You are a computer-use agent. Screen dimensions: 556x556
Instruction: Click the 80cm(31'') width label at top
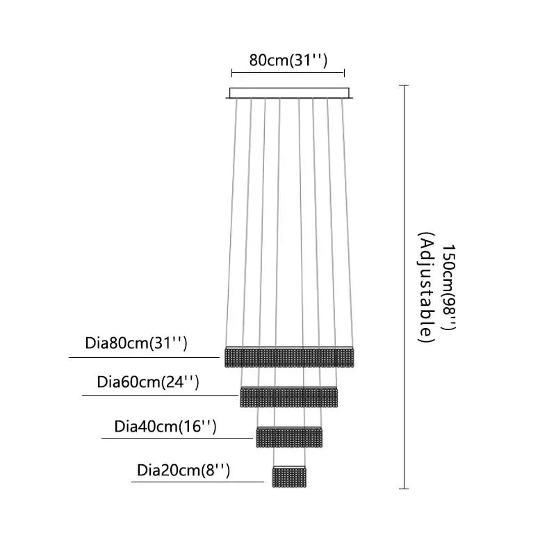[288, 60]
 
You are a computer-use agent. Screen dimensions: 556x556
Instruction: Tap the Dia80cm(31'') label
[137, 343]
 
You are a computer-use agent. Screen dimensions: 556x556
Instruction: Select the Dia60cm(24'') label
[149, 382]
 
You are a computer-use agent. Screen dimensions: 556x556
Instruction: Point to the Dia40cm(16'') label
[166, 425]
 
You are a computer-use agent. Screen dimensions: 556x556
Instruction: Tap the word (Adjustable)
[426, 288]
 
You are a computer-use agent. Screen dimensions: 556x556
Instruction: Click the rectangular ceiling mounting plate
[288, 92]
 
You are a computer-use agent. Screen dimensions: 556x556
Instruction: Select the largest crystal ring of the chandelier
[290, 357]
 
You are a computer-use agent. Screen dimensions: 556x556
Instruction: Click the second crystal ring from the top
[288, 397]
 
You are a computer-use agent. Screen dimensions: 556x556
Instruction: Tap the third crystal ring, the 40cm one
[290, 436]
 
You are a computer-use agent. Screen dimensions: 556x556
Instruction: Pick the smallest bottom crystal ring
[290, 476]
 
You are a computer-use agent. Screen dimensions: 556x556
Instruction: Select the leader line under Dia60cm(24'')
[160, 396]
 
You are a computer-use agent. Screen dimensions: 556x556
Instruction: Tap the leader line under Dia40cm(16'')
[177, 438]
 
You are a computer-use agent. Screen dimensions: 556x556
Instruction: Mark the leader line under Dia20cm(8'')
[197, 481]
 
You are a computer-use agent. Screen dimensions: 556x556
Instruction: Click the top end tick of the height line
[404, 85]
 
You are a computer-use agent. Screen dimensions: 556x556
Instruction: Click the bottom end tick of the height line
[404, 489]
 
